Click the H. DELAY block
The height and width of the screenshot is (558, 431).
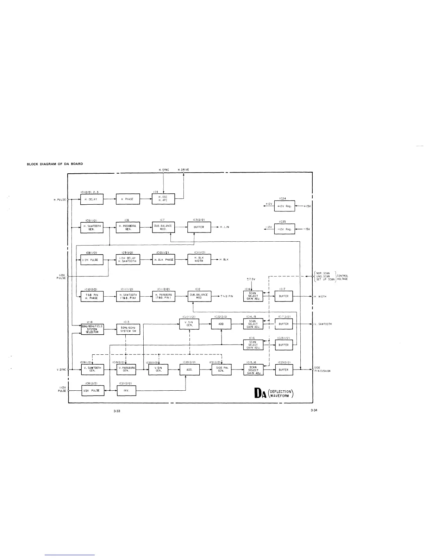tap(92, 199)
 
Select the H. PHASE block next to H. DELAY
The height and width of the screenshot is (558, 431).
tap(127, 199)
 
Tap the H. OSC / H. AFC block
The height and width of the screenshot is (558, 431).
tap(163, 199)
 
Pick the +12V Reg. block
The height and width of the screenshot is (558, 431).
tap(284, 206)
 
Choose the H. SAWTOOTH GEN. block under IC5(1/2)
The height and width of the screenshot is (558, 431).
tap(92, 227)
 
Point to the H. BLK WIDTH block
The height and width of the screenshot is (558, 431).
tap(199, 259)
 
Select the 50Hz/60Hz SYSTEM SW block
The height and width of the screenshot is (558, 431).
tap(128, 329)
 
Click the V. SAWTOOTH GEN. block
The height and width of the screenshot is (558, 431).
tap(93, 370)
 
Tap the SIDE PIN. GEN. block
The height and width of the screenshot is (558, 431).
tap(221, 370)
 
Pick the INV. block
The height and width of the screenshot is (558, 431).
tap(126, 390)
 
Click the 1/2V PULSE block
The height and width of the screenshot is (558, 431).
tap(93, 390)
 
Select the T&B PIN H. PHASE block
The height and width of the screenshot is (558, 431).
tap(92, 296)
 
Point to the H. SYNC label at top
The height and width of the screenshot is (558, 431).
tap(164, 170)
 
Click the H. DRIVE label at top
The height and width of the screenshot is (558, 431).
tap(183, 170)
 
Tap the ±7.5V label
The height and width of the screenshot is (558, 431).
tap(251, 279)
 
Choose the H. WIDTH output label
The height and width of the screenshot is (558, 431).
tap(320, 297)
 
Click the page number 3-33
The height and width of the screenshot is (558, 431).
tap(117, 411)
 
